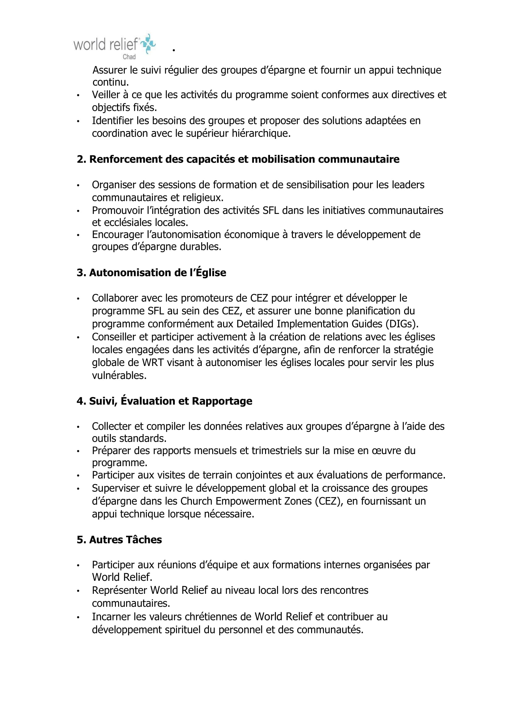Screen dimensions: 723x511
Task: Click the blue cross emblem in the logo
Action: point(148,44)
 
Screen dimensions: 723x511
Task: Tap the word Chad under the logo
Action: point(129,57)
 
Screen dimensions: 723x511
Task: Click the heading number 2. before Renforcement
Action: point(82,159)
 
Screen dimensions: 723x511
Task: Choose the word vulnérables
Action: point(119,375)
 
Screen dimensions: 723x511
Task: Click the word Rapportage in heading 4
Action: point(222,401)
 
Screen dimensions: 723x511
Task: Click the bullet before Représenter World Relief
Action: point(78,591)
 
